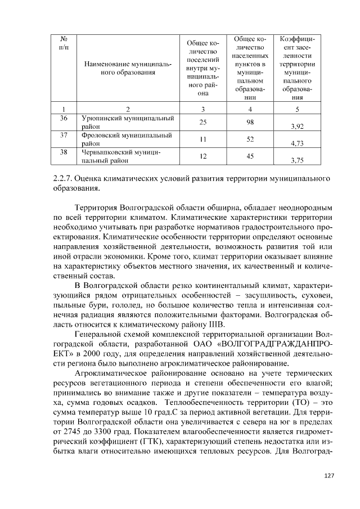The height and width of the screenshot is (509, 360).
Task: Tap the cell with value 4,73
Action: [x=297, y=143]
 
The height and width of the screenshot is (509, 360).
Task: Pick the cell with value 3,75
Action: [x=297, y=160]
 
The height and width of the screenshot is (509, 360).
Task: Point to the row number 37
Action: [x=64, y=135]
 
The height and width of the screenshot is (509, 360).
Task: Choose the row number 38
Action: [x=64, y=152]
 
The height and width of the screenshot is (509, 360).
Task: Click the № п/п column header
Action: [x=64, y=46]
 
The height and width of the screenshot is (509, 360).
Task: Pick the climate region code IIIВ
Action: [x=215, y=326]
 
